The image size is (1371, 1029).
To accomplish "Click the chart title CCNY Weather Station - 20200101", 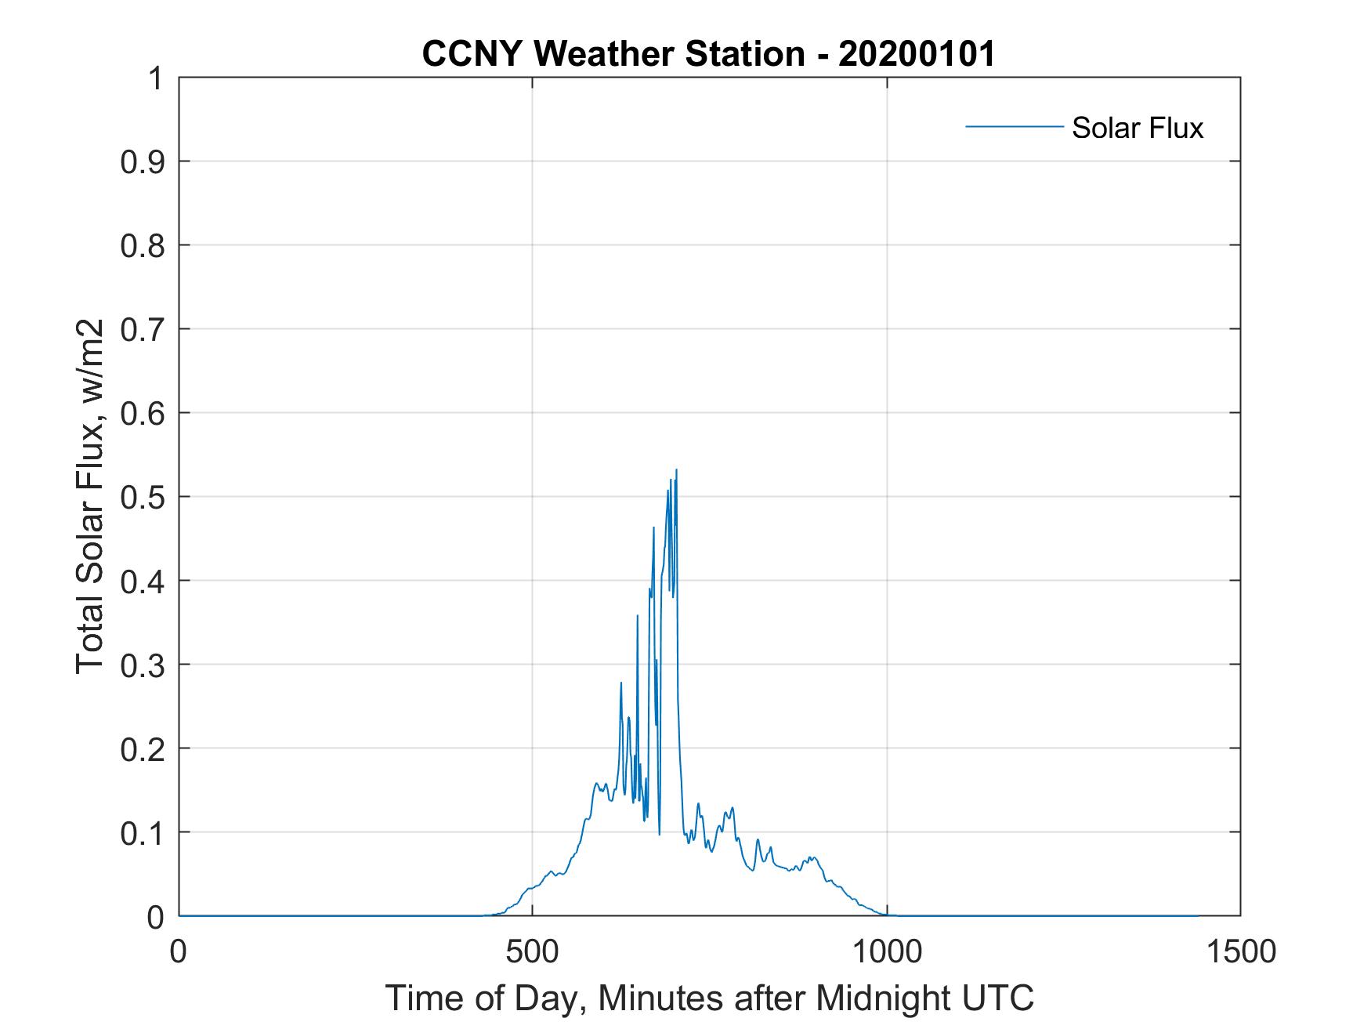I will [x=708, y=54].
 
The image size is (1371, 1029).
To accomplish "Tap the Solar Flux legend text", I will [x=1137, y=128].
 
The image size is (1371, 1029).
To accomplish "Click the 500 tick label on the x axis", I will [x=532, y=951].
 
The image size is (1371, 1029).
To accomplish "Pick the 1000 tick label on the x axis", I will [x=887, y=951].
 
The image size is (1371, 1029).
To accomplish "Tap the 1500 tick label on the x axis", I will [x=1240, y=951].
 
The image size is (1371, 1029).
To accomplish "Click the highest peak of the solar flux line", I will [x=676, y=470].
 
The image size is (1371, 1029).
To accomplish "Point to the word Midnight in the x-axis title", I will [x=880, y=998].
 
